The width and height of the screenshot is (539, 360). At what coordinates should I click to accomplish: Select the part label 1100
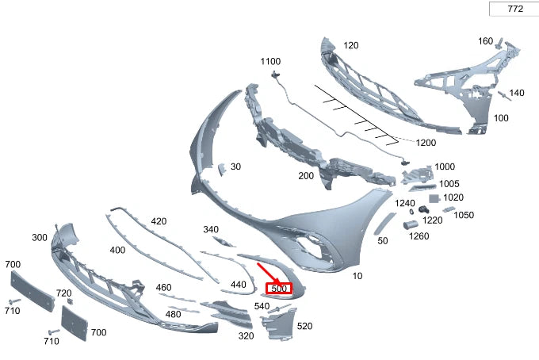point(270,61)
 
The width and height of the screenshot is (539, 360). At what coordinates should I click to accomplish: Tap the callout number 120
point(350,45)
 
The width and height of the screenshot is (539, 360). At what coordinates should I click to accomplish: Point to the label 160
point(485,40)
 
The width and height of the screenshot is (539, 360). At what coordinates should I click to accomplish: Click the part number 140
point(516,93)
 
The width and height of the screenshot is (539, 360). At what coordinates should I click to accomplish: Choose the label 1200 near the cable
point(426,142)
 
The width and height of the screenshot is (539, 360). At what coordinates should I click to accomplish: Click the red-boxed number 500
point(278,289)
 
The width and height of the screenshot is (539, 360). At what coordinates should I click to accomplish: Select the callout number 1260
point(419,236)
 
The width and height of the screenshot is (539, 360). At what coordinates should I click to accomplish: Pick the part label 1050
point(464,215)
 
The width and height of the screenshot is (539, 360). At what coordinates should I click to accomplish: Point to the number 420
point(159,221)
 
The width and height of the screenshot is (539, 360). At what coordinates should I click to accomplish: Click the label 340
point(210,229)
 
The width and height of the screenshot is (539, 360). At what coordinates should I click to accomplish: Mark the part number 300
point(40,237)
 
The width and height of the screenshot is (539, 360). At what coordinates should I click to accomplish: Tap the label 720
point(64,293)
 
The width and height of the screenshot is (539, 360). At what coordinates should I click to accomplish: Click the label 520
point(304,326)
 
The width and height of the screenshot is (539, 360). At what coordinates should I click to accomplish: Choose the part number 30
point(235,167)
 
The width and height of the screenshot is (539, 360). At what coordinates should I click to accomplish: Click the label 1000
point(445,167)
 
